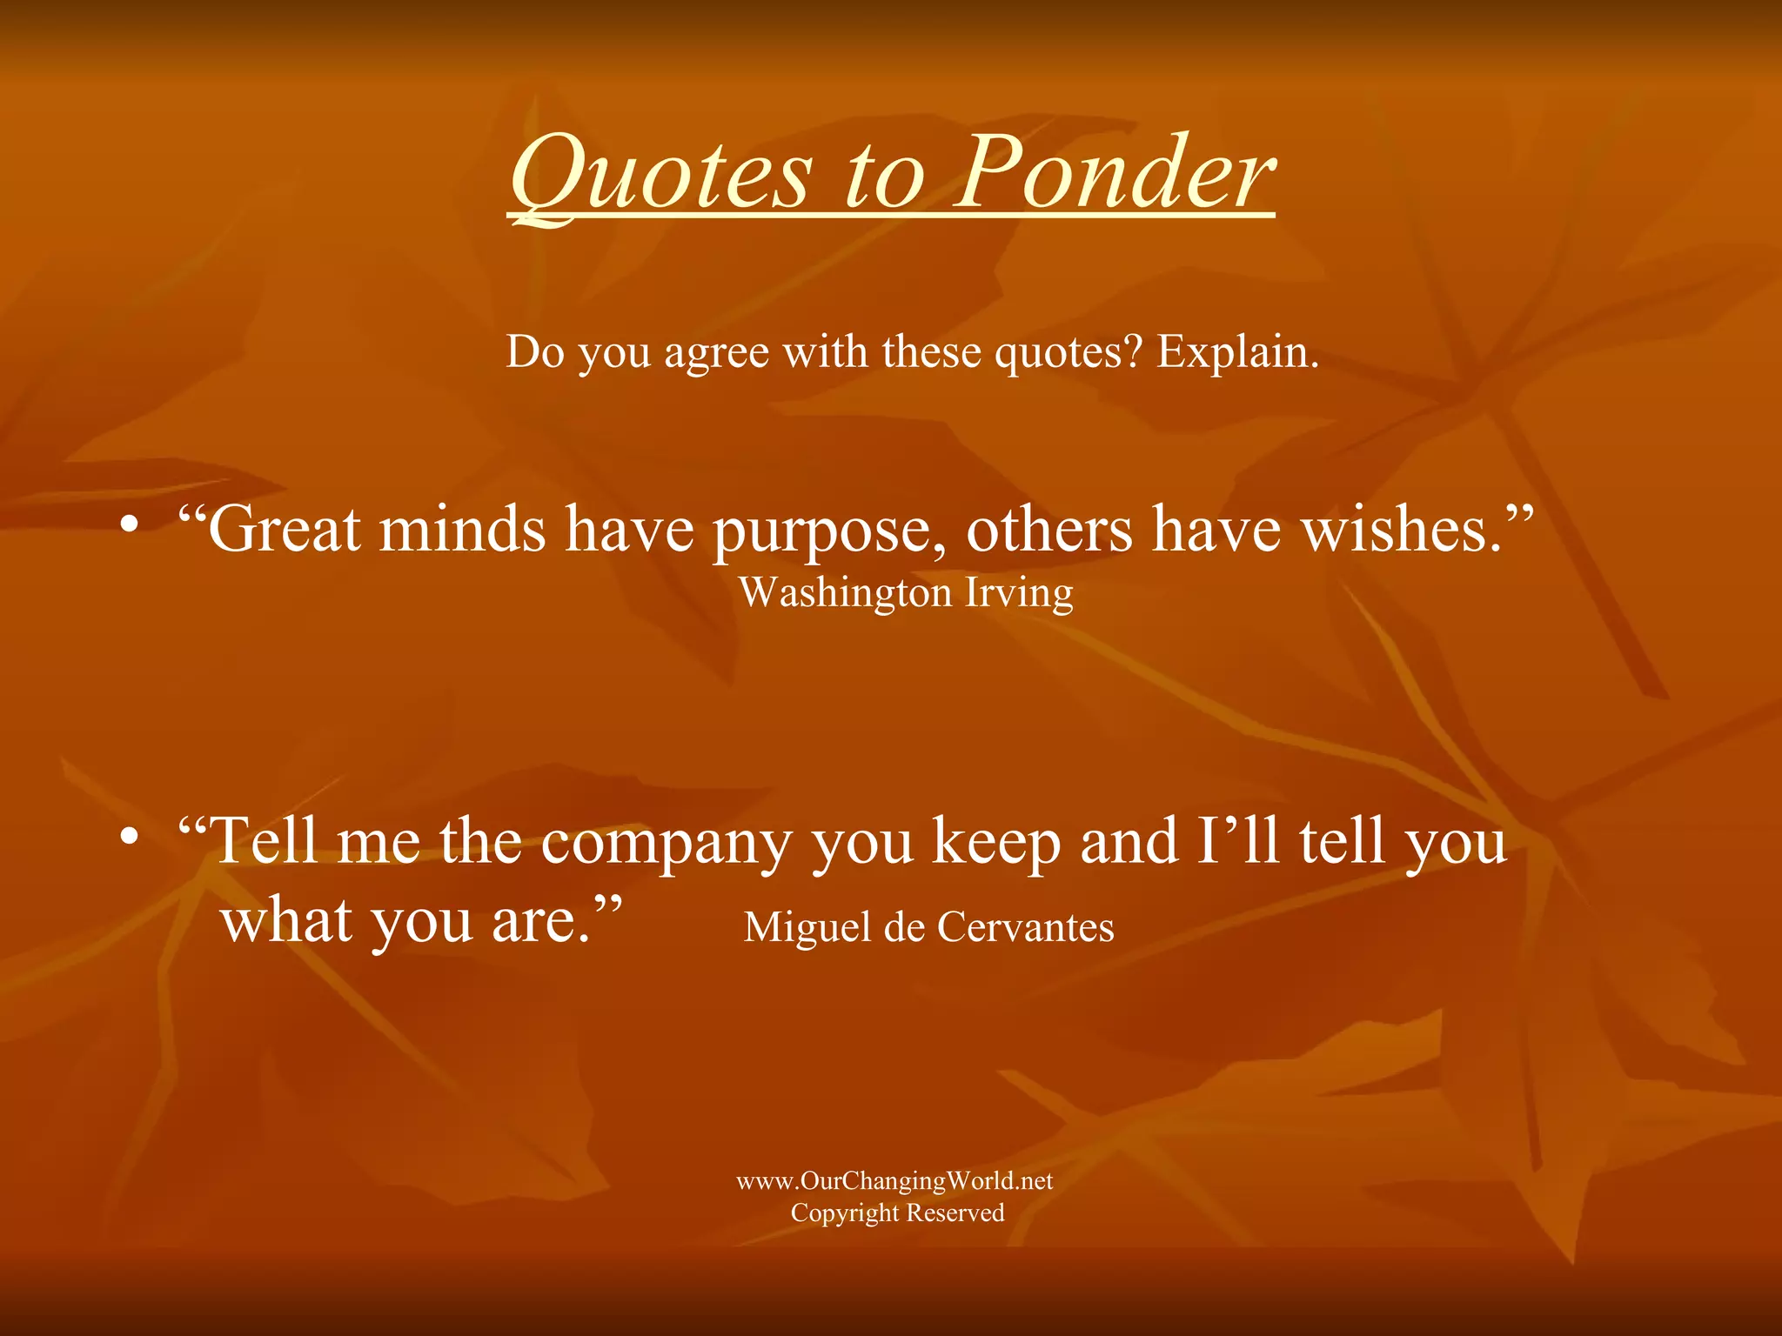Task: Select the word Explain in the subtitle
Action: [1236, 352]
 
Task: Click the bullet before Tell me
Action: [130, 838]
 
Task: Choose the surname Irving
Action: [1019, 594]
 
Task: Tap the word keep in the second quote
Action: [996, 842]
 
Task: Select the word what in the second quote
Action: [287, 920]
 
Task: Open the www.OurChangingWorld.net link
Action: [894, 1180]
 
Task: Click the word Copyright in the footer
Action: [844, 1213]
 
